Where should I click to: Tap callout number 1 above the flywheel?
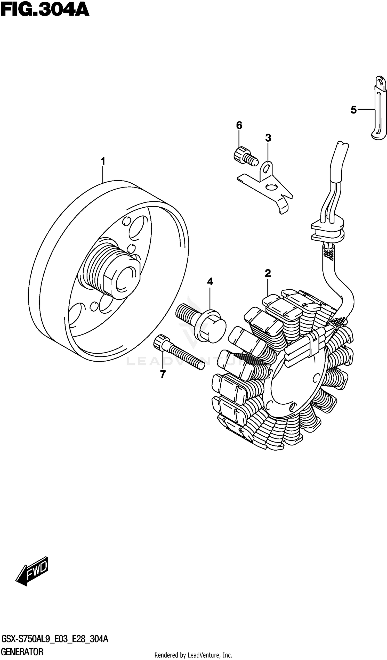pos(103,161)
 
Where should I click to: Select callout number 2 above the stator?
pos(268,273)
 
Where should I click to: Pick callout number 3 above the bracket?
pos(268,138)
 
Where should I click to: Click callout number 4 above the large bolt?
pos(210,282)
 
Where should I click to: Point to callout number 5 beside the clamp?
pos(353,110)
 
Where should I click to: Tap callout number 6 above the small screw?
pos(239,125)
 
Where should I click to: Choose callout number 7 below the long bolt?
pos(163,374)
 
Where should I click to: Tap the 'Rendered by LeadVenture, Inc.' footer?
pos(193,655)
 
